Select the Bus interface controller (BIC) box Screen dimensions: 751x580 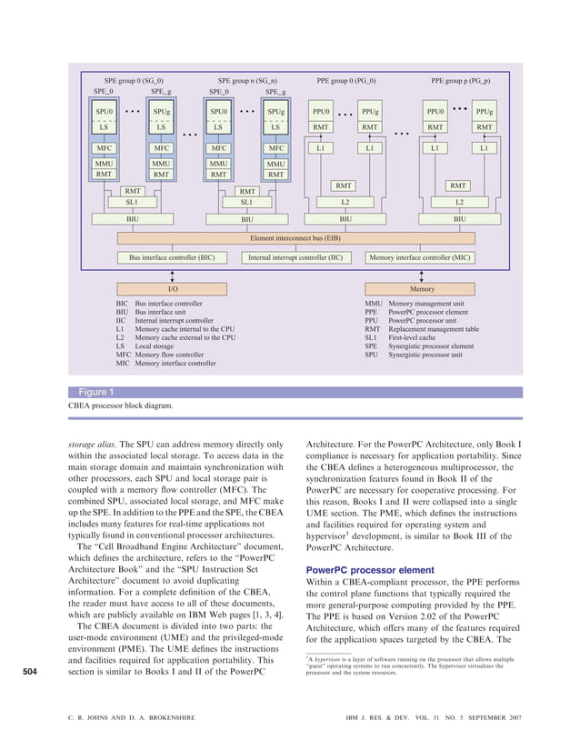(172, 257)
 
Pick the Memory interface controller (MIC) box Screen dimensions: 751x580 (419, 257)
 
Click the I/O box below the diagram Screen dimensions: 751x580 (172, 287)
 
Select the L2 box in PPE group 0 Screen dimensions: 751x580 (345, 201)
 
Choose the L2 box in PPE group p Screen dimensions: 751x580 (459, 201)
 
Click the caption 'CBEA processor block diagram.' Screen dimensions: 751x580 (120, 406)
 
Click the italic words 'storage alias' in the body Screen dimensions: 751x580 (93, 445)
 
